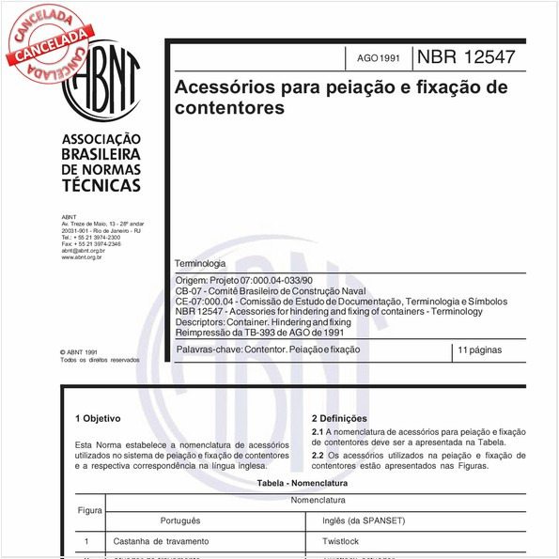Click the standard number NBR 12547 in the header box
click(x=465, y=56)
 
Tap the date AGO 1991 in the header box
click(x=378, y=58)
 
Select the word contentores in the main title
click(x=229, y=108)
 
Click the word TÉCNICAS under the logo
click(x=101, y=185)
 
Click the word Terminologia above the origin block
click(x=200, y=264)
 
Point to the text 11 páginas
click(x=478, y=349)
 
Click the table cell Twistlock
click(x=340, y=542)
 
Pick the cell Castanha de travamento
click(x=161, y=542)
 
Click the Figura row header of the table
click(x=90, y=510)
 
